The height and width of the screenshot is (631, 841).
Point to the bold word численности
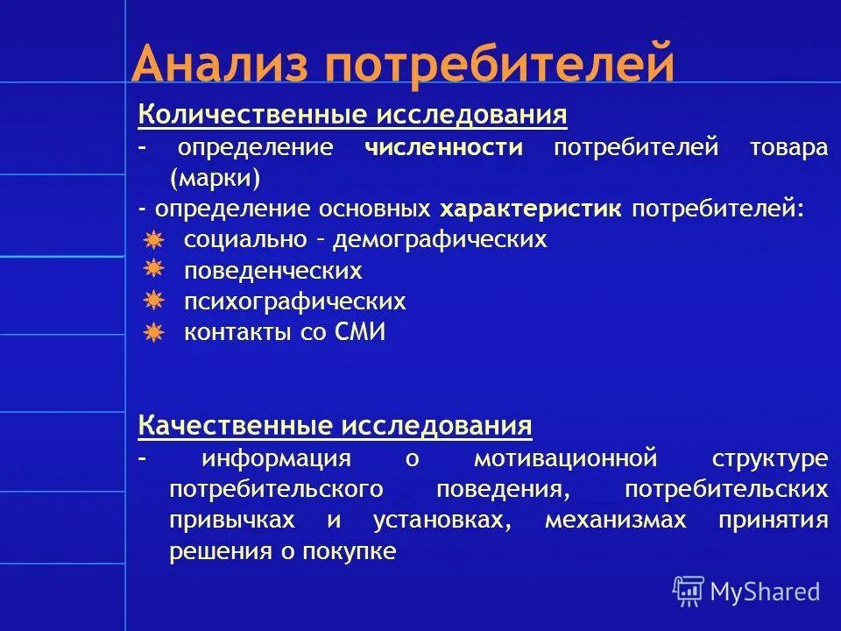pos(443,147)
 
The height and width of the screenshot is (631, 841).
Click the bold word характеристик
pos(531,209)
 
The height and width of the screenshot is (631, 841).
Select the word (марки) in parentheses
pos(216,178)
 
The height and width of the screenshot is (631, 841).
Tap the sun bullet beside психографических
pos(153,301)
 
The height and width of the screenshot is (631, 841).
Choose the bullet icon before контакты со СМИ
pos(153,332)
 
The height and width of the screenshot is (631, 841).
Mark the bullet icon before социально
pos(153,239)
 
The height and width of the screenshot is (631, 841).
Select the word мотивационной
pos(565,457)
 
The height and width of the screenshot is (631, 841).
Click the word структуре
pos(769,457)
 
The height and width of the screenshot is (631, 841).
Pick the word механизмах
pos(615,520)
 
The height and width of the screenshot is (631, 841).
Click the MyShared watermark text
pos(765,592)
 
